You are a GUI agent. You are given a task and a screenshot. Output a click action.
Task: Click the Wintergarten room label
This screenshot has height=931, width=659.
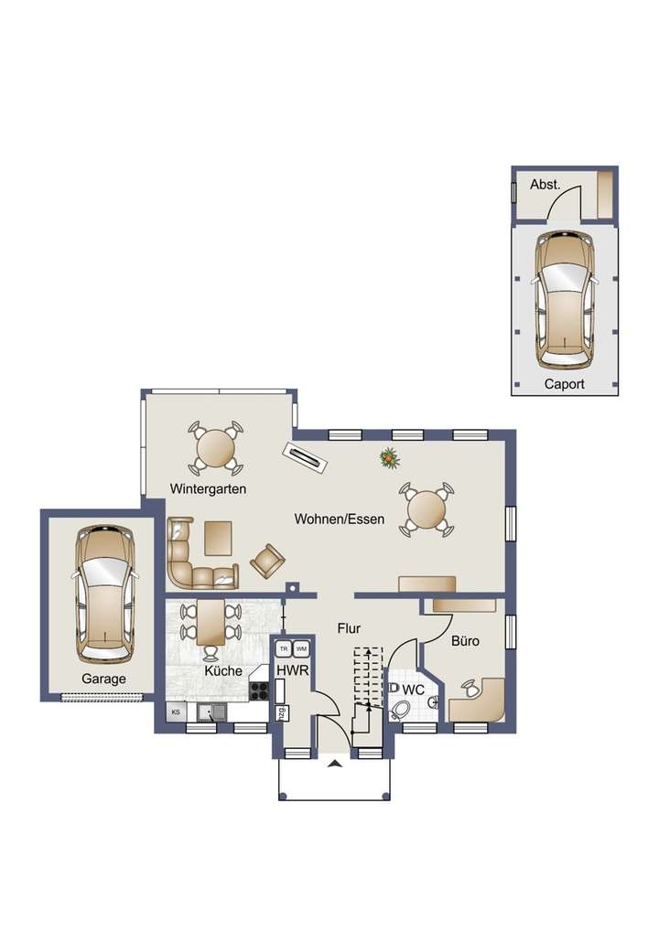(x=208, y=489)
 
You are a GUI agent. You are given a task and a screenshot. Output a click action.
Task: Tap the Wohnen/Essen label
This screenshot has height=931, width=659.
(x=339, y=519)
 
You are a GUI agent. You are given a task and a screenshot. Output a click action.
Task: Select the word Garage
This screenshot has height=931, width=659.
(x=103, y=680)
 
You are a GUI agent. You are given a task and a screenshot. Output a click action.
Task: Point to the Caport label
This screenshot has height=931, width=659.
(x=564, y=384)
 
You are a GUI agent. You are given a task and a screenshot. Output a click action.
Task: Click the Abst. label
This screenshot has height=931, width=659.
(x=546, y=185)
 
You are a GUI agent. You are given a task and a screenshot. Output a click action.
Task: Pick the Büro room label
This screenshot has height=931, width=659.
(x=465, y=641)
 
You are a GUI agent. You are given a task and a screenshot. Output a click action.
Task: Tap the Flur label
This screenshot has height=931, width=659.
(x=349, y=629)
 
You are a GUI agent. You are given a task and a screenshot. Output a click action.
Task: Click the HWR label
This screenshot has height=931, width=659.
(x=293, y=670)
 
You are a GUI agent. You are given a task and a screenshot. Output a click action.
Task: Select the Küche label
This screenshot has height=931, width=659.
(x=224, y=670)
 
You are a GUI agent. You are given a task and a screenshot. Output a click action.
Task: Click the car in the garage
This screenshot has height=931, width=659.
(x=104, y=592)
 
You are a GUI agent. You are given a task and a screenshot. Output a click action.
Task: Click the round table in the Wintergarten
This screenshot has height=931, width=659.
(x=216, y=447)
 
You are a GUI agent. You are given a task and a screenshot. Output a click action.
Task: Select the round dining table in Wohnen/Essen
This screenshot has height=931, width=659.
(x=426, y=508)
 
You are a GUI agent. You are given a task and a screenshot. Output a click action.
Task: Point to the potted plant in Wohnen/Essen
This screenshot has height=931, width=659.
(x=391, y=458)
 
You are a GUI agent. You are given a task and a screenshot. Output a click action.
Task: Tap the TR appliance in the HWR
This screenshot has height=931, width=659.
(x=284, y=648)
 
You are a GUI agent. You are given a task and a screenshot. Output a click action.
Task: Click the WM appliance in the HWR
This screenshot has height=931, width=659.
(x=301, y=648)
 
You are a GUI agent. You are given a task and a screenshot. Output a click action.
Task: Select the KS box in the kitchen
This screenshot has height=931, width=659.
(x=173, y=711)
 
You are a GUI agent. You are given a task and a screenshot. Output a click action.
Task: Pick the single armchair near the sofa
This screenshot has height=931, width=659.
(x=266, y=559)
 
